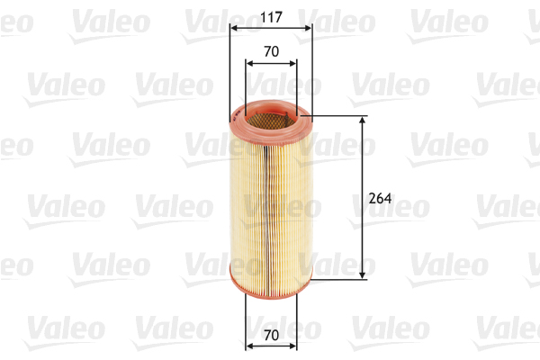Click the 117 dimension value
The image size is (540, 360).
(270, 14)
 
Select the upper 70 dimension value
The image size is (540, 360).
(270, 52)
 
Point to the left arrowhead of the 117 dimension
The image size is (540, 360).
(234, 28)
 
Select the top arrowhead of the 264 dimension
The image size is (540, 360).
(363, 121)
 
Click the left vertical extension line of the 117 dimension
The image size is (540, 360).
(230, 72)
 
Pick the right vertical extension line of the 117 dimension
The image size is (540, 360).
(311, 72)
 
